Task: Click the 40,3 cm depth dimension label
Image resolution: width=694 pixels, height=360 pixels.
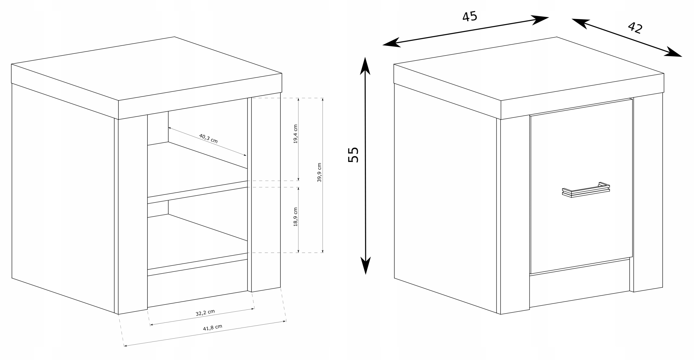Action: [x=208, y=138]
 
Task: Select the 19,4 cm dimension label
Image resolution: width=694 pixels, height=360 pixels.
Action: [x=295, y=134]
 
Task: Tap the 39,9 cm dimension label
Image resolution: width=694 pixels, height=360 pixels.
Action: [x=319, y=172]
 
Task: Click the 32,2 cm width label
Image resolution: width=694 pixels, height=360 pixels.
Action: [x=205, y=313]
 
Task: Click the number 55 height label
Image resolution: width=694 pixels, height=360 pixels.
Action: [x=354, y=155]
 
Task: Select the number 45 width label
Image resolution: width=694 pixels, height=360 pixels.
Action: [x=470, y=17]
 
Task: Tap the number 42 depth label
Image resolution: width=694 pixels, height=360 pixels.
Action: [x=635, y=28]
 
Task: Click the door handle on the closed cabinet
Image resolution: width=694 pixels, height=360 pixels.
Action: [x=586, y=190]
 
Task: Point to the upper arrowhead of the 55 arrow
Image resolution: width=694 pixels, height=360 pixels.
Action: [x=365, y=66]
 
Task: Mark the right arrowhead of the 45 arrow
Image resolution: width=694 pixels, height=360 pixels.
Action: [x=539, y=20]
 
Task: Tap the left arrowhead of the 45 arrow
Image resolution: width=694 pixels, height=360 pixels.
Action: [x=392, y=43]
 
